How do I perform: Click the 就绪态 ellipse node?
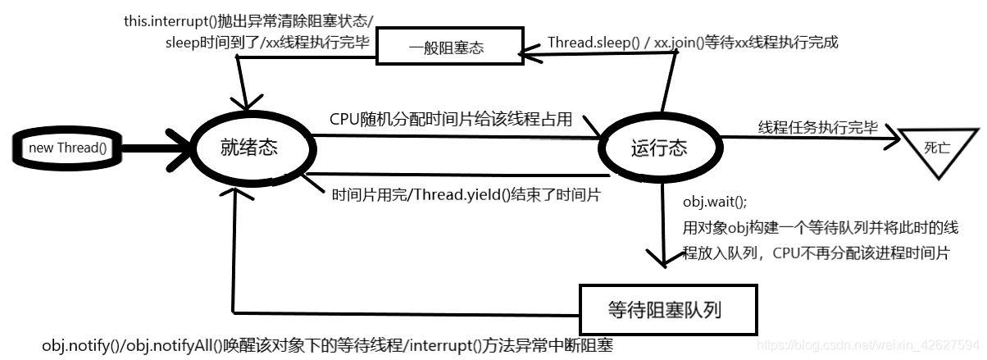click(248, 148)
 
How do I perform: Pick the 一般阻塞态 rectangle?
click(448, 48)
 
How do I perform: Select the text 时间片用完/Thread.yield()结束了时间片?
click(466, 194)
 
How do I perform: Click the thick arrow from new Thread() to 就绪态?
click(156, 148)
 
